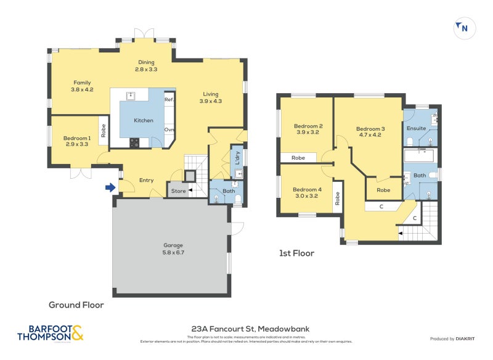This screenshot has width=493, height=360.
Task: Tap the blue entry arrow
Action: [x=111, y=187]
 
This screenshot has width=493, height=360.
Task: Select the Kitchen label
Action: [x=144, y=120]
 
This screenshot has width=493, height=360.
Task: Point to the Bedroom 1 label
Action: [x=77, y=141]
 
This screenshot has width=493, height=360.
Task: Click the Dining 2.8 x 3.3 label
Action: [x=146, y=66]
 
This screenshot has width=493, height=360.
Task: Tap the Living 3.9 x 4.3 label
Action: [x=210, y=97]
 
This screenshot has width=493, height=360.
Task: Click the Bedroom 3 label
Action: [x=370, y=131]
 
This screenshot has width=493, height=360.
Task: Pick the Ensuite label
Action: [x=416, y=128]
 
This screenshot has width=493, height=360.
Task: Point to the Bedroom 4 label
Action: [x=306, y=192]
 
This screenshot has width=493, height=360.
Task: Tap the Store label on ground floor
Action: [x=178, y=191]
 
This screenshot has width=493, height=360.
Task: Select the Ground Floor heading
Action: [x=76, y=305]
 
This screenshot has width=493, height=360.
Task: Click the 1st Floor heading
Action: [x=297, y=253]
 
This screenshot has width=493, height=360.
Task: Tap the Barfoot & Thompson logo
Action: [x=50, y=333]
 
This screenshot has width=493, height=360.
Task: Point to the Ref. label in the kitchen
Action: [x=169, y=99]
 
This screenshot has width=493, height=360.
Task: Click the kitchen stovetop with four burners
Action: [x=134, y=142]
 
